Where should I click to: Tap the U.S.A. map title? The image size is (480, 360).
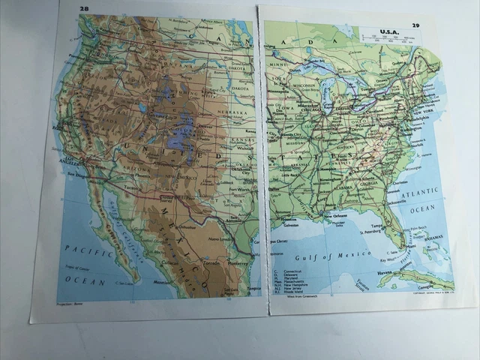389,31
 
